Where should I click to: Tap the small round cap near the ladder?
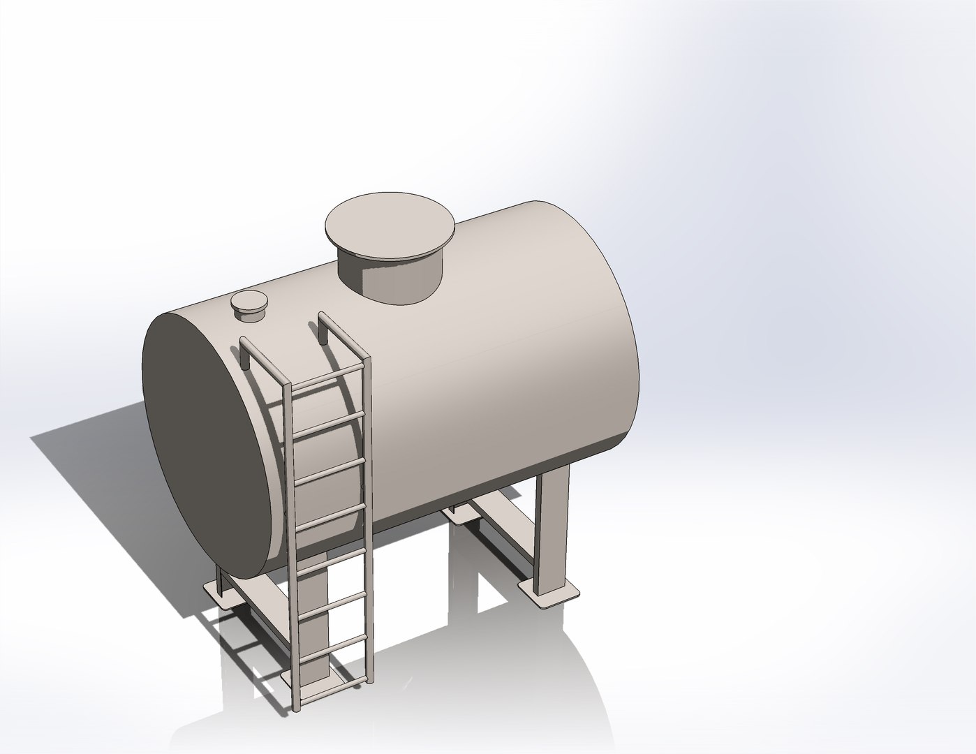click(249, 303)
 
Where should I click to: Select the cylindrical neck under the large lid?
click(391, 279)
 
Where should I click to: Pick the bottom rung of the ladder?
click(334, 686)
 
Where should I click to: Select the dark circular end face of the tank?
click(209, 447)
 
